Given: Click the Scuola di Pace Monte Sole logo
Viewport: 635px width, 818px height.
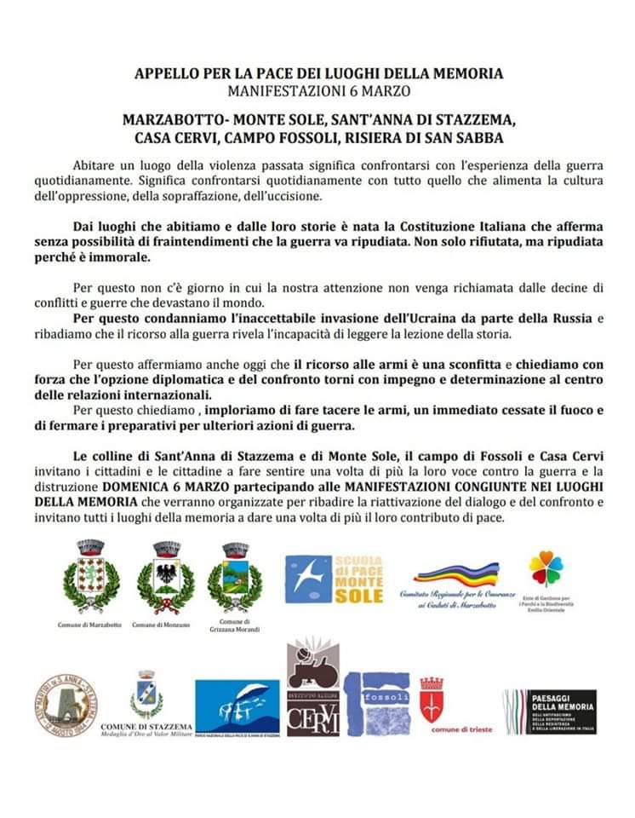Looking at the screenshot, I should (x=334, y=579).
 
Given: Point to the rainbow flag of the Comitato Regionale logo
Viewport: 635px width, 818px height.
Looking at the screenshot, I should (x=458, y=572).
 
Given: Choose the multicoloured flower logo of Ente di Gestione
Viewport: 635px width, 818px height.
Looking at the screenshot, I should (x=545, y=569).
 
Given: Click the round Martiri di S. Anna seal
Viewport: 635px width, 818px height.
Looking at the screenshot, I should (x=66, y=705).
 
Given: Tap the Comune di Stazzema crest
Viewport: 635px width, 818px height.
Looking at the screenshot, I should (x=146, y=697).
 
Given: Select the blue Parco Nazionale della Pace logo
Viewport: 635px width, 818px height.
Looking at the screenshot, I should (x=237, y=706).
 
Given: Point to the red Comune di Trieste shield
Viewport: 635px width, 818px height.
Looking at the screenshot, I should (x=432, y=700).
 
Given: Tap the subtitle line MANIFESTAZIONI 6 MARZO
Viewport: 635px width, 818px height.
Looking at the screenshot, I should (x=317, y=89).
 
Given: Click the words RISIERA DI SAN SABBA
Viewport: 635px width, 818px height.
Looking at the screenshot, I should (x=434, y=136).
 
